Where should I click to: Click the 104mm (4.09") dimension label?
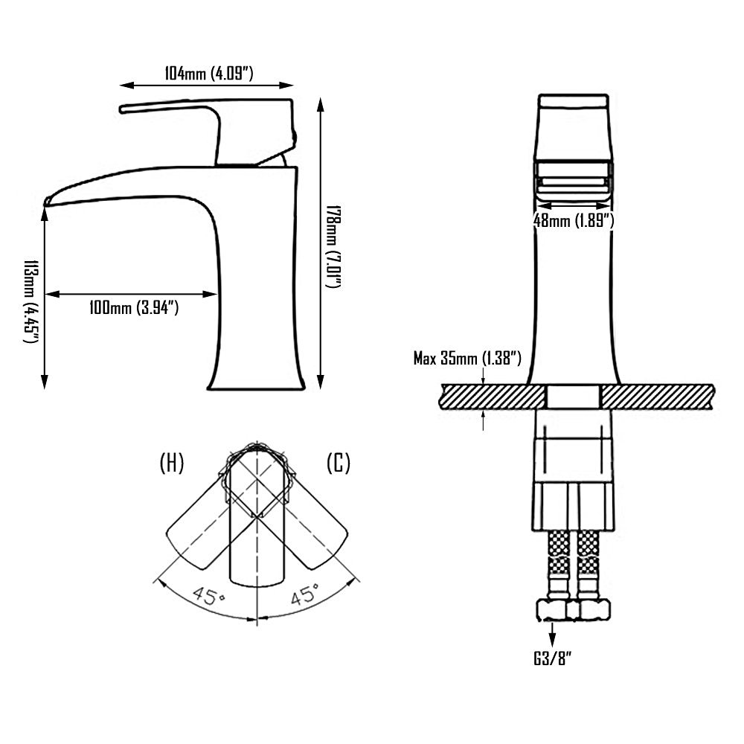209,74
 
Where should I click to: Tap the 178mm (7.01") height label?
333,247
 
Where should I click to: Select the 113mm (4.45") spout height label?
31,302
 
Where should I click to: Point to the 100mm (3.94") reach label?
134,308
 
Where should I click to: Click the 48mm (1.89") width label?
574,221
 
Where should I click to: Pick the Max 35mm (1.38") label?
467,359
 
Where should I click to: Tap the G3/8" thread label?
553,658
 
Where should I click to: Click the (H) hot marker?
172,463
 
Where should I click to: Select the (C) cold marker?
339,463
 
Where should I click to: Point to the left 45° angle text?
209,595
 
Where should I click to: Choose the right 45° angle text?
305,594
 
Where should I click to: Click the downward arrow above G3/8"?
552,632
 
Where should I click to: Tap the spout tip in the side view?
46,202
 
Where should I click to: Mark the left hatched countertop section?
493,397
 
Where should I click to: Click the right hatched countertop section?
658,397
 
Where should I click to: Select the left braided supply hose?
559,565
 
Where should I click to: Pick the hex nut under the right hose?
594,610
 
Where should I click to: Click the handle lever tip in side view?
122,109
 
